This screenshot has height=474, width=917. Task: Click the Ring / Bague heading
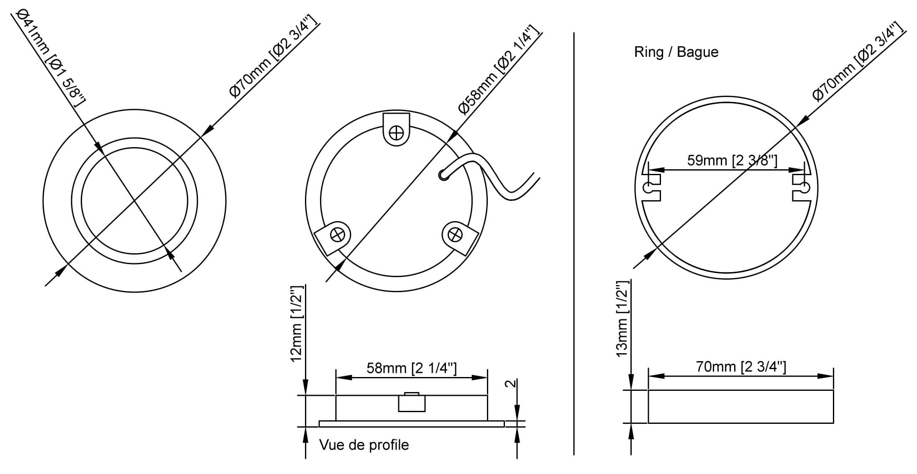676,52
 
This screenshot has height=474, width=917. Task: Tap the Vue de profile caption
364,445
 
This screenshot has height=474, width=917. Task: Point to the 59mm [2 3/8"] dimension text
732,161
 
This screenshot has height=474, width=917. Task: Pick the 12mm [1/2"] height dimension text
296,324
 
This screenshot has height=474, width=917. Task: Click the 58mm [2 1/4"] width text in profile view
412,368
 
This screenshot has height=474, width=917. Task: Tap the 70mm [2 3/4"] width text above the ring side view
741,367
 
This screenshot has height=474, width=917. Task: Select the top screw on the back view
396,133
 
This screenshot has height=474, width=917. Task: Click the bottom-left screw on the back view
338,235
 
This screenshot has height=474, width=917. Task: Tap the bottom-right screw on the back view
455,235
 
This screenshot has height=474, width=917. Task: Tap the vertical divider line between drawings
574,242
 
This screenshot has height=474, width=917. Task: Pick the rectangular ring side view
740,406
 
